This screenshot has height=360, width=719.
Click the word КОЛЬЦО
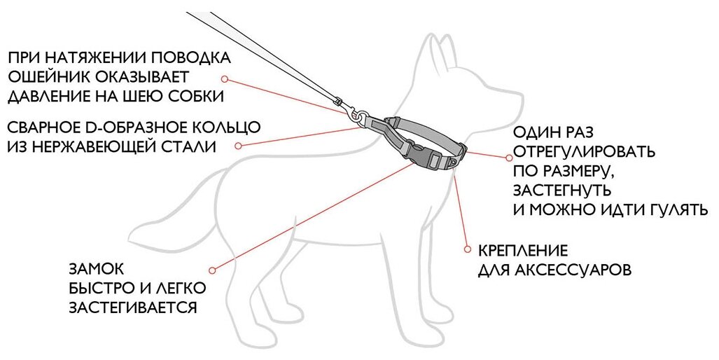click(x=223, y=127)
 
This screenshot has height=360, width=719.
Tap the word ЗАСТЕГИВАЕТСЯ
click(x=132, y=307)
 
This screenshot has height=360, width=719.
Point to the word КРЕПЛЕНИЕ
click(x=522, y=250)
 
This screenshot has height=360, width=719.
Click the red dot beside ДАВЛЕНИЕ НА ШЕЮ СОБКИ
click(x=225, y=78)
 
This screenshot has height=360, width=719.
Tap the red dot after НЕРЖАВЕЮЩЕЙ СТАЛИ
click(x=238, y=146)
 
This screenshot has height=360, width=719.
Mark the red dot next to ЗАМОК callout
click(x=213, y=269)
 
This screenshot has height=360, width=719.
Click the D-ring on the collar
click(x=359, y=120)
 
